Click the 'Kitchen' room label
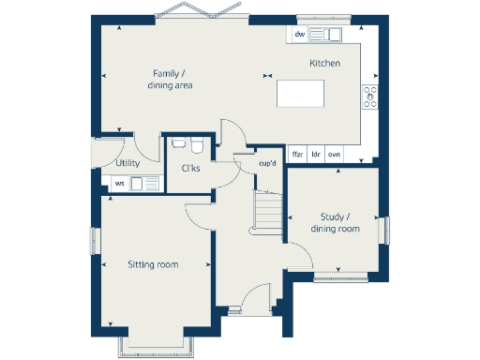324,63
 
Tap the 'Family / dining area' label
170,79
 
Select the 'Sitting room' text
153,264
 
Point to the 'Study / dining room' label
335,222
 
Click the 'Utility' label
127,163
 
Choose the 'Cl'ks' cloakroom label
190,169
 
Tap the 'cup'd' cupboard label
268,164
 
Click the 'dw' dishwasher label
299,35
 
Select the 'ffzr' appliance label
297,153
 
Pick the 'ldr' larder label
316,153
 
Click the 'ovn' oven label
334,153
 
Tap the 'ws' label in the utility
119,183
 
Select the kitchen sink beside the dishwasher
328,35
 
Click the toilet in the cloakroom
197,146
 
